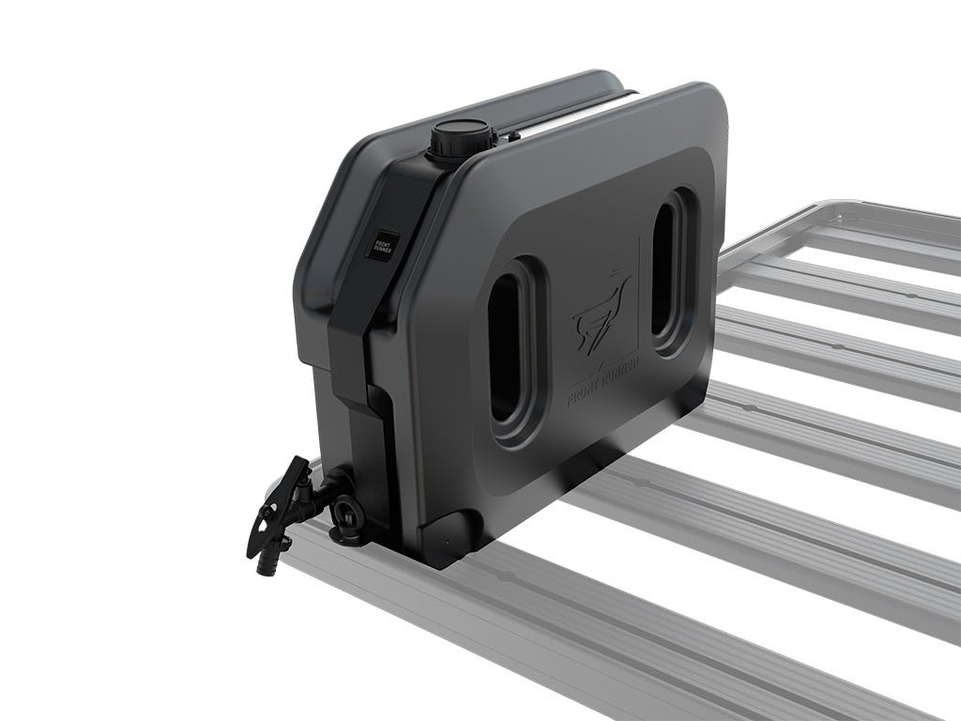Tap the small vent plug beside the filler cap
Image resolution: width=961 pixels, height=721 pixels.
tap(513, 136)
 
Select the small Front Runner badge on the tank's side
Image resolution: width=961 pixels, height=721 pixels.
tap(383, 246)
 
